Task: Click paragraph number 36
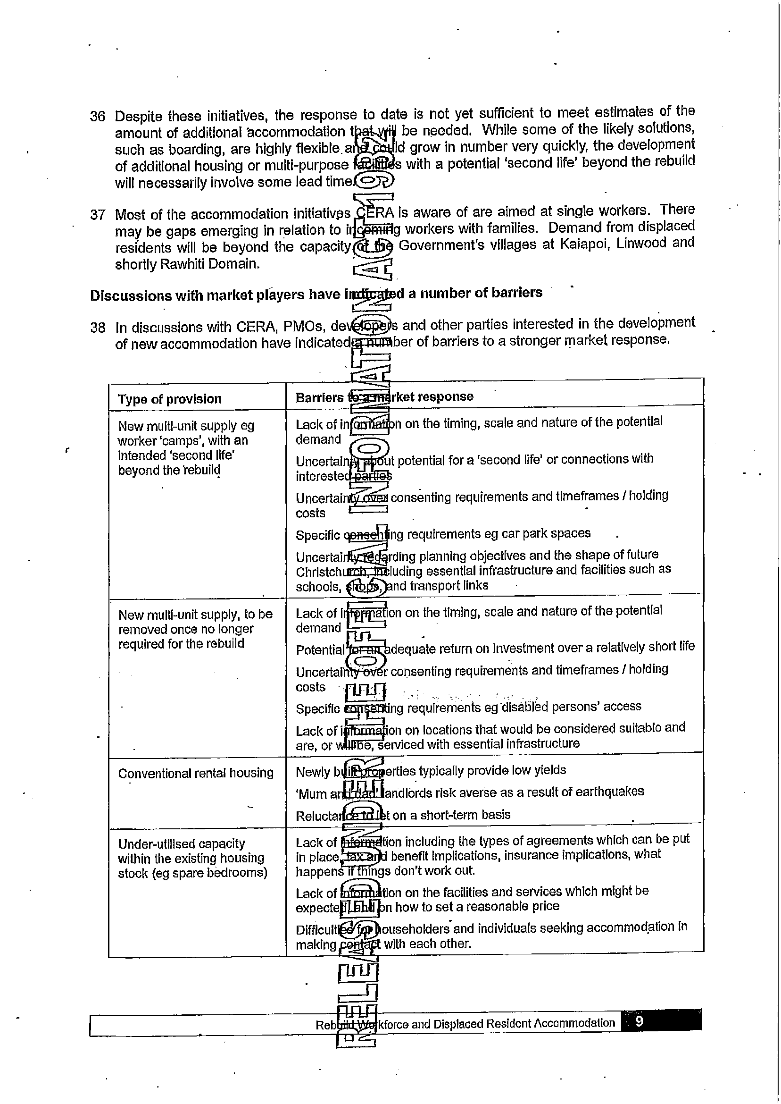tap(98, 117)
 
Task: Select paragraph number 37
tap(98, 215)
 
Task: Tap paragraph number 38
tap(98, 328)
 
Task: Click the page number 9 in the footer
tap(639, 1021)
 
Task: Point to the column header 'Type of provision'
tap(169, 399)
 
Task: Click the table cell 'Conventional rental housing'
tap(196, 774)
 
